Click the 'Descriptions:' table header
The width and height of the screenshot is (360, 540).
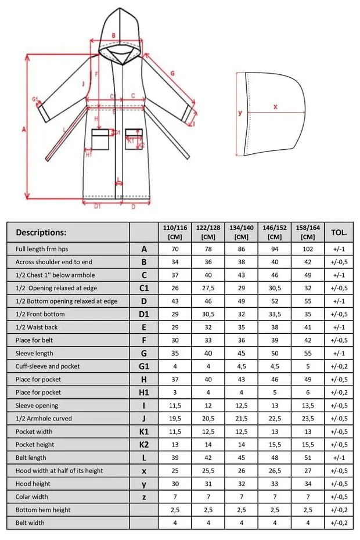(x=41, y=232)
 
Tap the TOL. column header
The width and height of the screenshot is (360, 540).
(x=339, y=232)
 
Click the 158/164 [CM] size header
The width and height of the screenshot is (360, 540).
(x=308, y=232)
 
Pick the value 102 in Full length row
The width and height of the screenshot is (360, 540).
(x=308, y=249)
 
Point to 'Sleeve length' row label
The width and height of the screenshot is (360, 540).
(x=34, y=353)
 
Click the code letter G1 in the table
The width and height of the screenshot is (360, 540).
(x=144, y=366)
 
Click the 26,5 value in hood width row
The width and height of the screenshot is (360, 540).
(x=275, y=471)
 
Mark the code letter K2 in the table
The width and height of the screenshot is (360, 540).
(x=144, y=445)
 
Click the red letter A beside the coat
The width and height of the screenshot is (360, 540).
(x=23, y=130)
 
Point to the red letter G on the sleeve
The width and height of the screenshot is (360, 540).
(x=172, y=74)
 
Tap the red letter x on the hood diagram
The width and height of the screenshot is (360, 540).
(x=275, y=107)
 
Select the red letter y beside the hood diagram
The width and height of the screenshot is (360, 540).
(x=240, y=113)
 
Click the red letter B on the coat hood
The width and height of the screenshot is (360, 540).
(x=113, y=35)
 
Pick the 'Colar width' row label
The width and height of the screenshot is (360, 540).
(x=32, y=496)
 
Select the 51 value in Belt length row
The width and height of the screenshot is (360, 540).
(x=308, y=458)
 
